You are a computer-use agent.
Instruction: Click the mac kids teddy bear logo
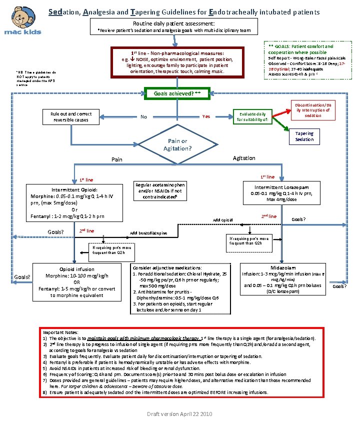tap(24, 20)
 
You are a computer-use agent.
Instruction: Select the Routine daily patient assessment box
tap(174, 26)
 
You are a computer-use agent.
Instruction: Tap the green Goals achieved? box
tap(177, 93)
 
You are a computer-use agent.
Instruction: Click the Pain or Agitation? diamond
tap(177, 144)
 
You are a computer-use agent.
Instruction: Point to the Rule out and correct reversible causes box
tap(70, 116)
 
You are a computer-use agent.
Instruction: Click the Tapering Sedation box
tap(304, 136)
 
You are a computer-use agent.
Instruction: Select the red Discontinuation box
tap(313, 109)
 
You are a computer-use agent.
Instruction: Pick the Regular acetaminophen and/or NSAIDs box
tap(160, 190)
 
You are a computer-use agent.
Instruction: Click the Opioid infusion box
tap(76, 282)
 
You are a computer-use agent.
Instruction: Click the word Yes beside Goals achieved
tap(206, 116)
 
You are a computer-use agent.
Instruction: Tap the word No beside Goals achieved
tap(143, 117)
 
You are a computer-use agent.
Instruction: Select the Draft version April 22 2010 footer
tap(179, 414)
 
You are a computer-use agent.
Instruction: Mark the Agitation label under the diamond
tap(244, 158)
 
